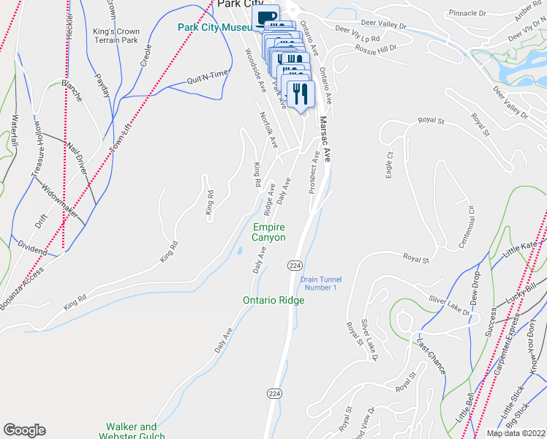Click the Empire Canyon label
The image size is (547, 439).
268,232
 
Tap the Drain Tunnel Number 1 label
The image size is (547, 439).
321,282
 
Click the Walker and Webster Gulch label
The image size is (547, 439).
131,431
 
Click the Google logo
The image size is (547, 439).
24,430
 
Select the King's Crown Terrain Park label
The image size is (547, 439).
116,36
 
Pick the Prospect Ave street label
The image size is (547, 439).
314,172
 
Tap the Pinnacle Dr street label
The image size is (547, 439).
467,13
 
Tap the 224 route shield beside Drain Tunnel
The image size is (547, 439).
294,265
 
